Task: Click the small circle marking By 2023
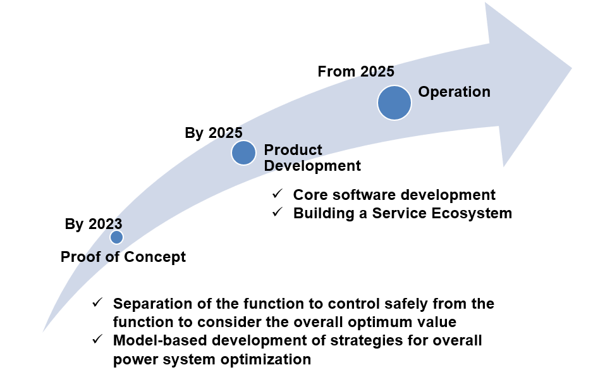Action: (x=116, y=237)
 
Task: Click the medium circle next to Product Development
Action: (x=243, y=153)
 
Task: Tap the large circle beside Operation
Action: (x=394, y=103)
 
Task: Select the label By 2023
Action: (x=94, y=224)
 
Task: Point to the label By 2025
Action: (x=214, y=133)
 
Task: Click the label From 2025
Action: (x=356, y=71)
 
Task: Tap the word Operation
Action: (x=454, y=92)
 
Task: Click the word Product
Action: (x=293, y=150)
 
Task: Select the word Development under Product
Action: (x=312, y=166)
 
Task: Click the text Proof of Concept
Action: (x=123, y=257)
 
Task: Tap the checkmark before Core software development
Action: (x=278, y=194)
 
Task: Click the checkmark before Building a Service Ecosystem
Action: (x=278, y=212)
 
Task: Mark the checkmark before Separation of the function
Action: (x=97, y=302)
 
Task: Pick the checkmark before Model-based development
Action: (x=97, y=339)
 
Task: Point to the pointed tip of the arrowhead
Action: (x=571, y=69)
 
